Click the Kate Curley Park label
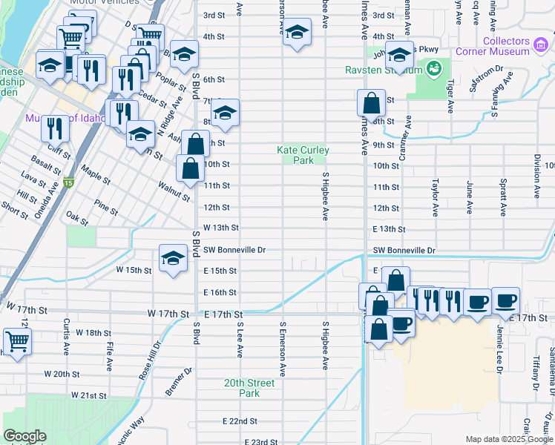[303, 155]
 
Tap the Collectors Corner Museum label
[506, 46]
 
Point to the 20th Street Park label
[250, 388]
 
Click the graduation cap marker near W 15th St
[173, 258]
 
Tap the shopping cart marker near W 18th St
[16, 341]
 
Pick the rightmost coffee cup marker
[505, 300]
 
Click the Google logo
[25, 436]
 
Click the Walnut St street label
[174, 190]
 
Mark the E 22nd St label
[240, 421]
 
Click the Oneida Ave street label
[53, 197]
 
